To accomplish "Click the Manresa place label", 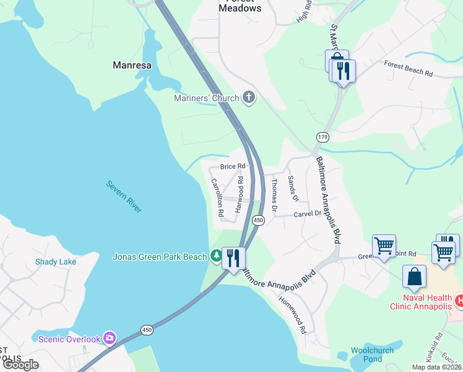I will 133,64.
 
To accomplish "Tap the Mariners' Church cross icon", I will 249,97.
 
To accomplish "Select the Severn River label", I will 124,197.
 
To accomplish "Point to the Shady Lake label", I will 56,262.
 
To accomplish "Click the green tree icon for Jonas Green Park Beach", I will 216,255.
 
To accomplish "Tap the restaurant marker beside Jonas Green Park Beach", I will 233,257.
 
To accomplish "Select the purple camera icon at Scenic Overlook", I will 110,338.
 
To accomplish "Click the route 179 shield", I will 322,136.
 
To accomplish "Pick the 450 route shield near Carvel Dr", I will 259,220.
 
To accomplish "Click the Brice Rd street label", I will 233,167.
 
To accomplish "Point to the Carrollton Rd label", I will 217,197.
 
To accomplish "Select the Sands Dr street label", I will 292,188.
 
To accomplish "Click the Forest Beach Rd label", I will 408,68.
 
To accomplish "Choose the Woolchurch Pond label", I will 372,355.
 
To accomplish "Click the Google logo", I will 20,365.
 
